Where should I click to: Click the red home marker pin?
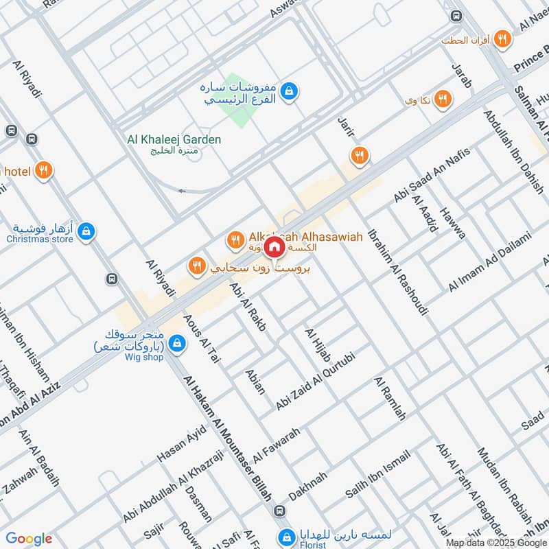coord(274,246)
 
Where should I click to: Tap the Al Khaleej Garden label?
coord(174,140)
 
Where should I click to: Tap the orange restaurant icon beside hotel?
coord(44,170)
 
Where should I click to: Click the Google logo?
coord(29,539)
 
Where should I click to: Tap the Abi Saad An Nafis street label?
coord(431,178)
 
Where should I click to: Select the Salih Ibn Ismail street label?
coord(377,475)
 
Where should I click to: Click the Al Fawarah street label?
coord(277,445)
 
